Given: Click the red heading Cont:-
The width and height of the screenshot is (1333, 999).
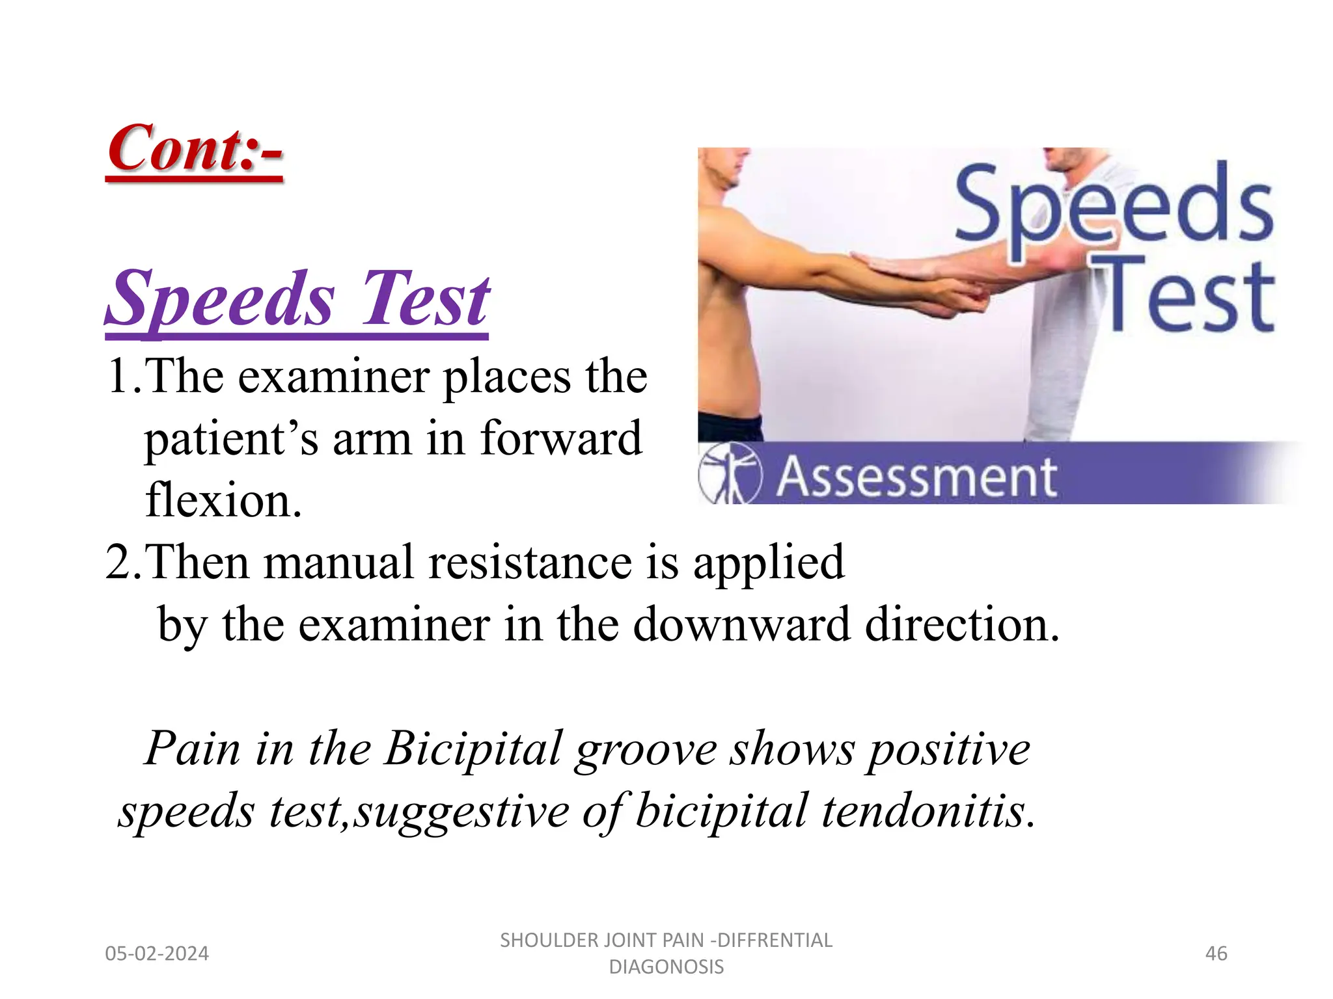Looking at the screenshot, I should pos(195,150).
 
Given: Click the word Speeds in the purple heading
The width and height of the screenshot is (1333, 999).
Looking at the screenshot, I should pos(221,299).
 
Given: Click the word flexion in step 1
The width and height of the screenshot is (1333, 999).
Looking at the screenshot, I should pos(223,501).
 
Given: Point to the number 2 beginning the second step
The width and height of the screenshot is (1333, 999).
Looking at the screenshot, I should pos(118,562).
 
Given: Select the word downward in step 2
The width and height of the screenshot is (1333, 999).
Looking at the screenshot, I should pos(741,624).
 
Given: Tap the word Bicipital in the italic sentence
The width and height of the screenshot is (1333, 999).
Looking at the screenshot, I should pos(472,749).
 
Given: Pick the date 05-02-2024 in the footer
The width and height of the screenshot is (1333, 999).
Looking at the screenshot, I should pos(157,954).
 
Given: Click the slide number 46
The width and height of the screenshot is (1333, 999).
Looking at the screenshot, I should pos(1216,954).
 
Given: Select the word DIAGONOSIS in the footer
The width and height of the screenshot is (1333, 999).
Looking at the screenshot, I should pos(666,967).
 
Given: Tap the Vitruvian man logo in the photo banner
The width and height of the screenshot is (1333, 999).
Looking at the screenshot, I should pos(730,473).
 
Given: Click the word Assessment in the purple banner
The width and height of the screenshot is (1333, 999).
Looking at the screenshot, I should pos(916,478).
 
